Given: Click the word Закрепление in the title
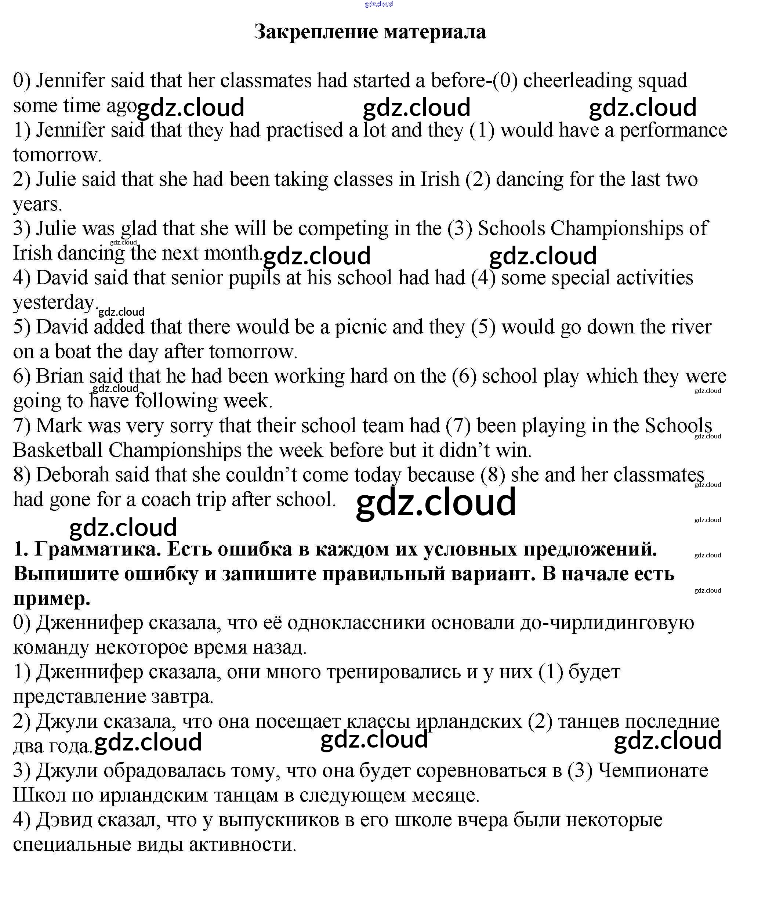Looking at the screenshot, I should [x=316, y=32].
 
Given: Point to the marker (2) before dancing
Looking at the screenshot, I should [x=478, y=180].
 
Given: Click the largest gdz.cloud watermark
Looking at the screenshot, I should [x=436, y=502].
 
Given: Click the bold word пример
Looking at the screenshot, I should [x=52, y=599].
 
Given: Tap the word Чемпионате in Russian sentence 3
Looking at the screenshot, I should [x=653, y=771].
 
